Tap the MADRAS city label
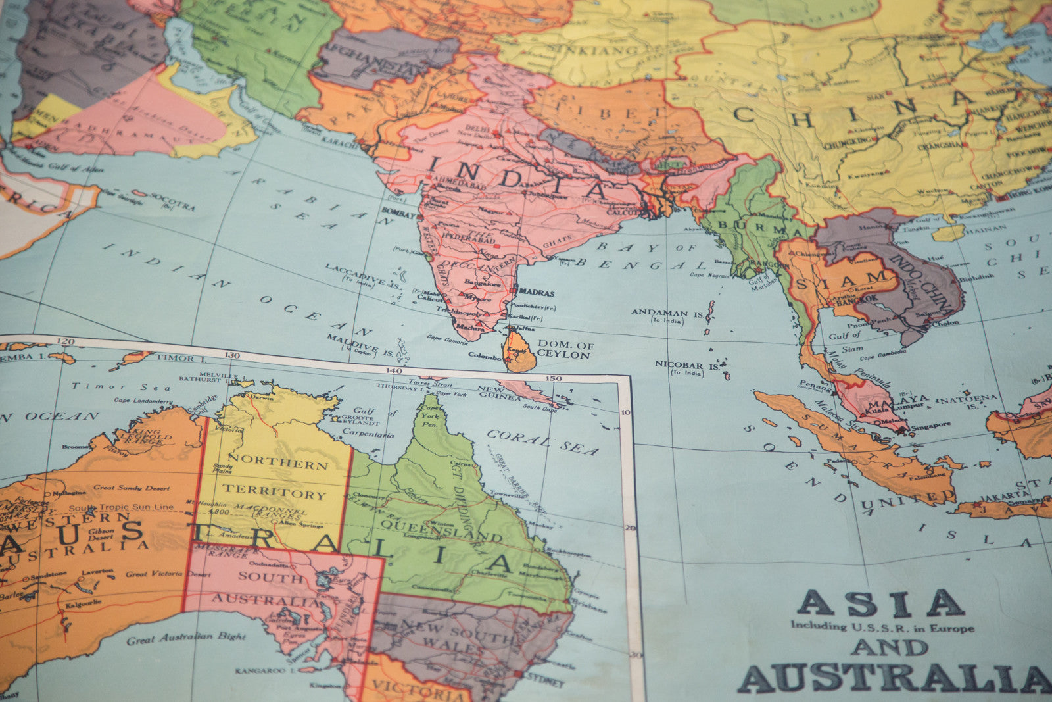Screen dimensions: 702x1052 click(536, 293)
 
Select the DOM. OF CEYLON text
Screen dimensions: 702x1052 click(563, 349)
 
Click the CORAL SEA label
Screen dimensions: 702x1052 click(542, 443)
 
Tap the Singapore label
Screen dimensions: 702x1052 click(930, 426)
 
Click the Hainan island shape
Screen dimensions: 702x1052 click(947, 232)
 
